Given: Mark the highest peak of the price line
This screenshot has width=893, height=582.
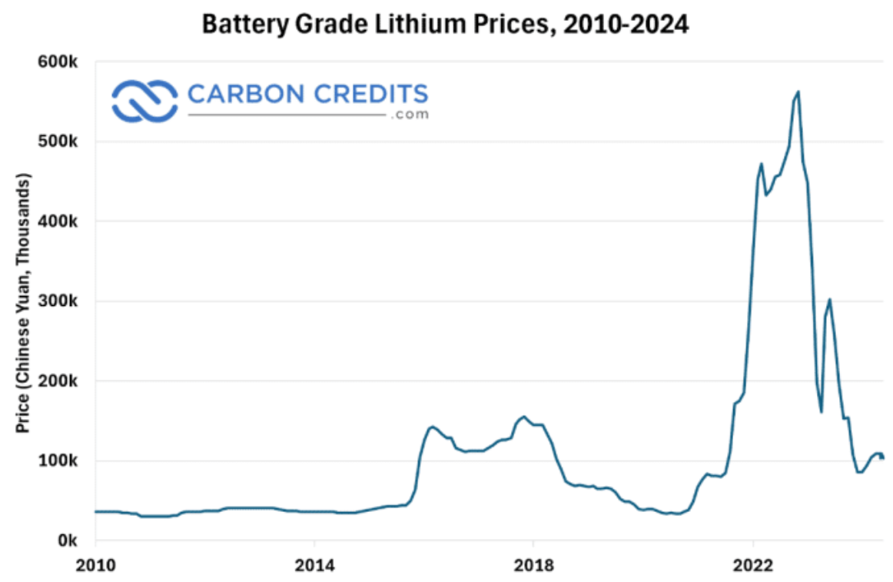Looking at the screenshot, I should [x=798, y=92].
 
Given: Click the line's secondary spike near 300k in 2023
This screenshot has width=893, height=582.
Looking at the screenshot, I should [x=829, y=300].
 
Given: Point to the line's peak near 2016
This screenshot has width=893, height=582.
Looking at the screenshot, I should [x=432, y=427].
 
